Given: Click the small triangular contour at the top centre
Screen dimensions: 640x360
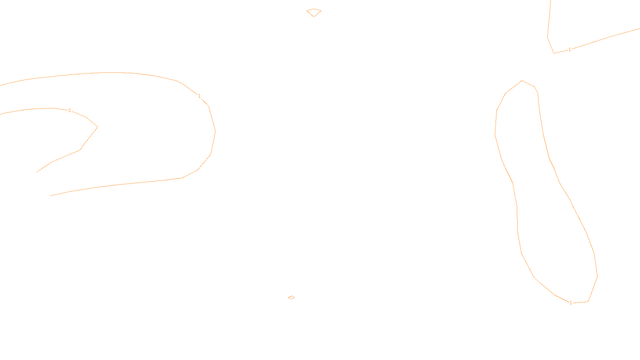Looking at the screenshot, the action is pos(314,12).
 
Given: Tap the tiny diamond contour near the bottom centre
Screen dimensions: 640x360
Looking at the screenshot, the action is pos(291,297).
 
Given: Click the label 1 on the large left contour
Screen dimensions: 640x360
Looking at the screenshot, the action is pos(199,96).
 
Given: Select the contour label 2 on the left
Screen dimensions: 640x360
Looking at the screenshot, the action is pos(70,110).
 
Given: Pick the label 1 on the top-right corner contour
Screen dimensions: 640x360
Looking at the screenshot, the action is pos(570,50).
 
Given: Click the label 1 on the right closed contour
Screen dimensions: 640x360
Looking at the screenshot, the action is pos(571,303).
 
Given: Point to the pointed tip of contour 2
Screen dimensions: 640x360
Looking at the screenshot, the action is pos(98,127).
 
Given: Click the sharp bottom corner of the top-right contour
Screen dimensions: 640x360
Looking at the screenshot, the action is pos(554,53).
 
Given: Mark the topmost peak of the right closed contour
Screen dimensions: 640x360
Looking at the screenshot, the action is pos(522,81).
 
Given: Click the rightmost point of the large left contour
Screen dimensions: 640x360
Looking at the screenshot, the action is pos(215,131).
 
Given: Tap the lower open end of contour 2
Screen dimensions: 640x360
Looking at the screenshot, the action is pos(37,172).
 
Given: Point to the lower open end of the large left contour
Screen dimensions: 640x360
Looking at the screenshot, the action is pos(50,196).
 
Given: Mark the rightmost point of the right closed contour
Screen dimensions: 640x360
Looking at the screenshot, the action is pos(597,276).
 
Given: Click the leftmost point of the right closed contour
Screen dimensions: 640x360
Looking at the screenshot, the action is pos(495,134).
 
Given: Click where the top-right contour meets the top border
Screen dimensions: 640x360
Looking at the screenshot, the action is pos(551,1).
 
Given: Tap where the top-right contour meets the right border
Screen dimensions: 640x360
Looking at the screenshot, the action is pos(639,29).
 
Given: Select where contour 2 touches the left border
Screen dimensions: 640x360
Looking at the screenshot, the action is pos(1,115).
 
